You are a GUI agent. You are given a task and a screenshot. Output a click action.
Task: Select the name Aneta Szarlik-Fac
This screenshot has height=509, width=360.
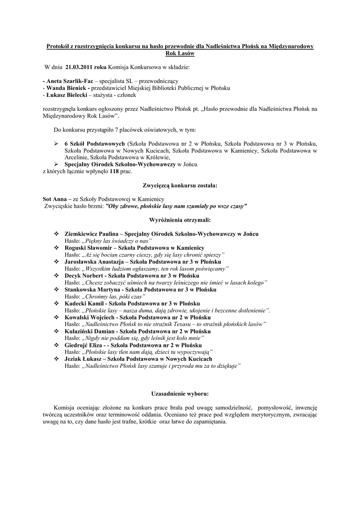click(x=70, y=81)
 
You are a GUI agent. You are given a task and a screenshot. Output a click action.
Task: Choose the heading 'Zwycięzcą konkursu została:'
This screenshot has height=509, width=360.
click(x=180, y=185)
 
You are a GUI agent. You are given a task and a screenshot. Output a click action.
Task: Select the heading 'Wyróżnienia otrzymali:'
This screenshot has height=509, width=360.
click(x=180, y=219)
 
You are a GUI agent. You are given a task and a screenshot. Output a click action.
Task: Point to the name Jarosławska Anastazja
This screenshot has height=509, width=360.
click(x=96, y=261)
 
